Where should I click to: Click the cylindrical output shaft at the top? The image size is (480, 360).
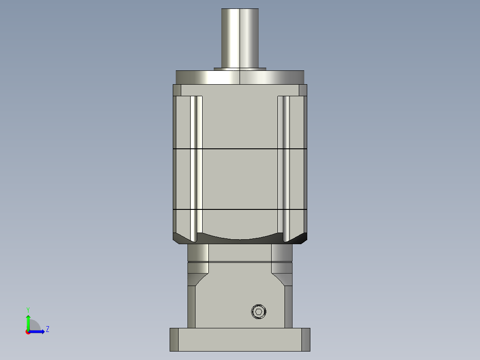[x=240, y=38]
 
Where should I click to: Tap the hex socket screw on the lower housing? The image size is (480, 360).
[x=258, y=312]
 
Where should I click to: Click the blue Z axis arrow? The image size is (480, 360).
[x=38, y=331]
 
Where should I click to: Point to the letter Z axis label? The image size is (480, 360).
[x=47, y=329]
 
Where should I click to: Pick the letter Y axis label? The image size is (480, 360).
[x=28, y=309]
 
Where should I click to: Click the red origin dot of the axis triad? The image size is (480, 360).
[x=28, y=332]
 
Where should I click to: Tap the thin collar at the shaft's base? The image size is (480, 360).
[x=240, y=69]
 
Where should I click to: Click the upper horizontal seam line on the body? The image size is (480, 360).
[x=240, y=148]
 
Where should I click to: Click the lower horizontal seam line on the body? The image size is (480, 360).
[x=240, y=209]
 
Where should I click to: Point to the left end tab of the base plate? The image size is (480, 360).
[x=174, y=340]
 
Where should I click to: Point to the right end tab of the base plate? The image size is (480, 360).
[x=305, y=340]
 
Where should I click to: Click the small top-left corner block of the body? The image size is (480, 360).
[x=177, y=90]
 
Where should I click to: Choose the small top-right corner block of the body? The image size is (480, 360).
[x=303, y=90]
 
